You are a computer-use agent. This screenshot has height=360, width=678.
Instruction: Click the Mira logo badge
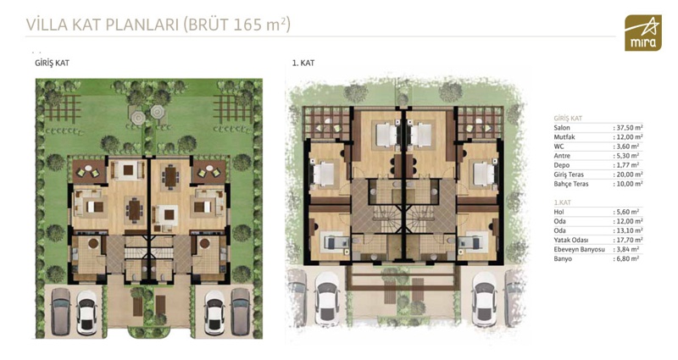(643, 33)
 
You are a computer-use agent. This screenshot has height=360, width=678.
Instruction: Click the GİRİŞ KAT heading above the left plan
(52, 63)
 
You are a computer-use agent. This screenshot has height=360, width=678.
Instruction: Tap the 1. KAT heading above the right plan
(303, 63)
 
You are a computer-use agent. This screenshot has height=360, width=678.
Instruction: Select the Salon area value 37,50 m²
(628, 128)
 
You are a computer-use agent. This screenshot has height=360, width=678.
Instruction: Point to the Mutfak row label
(564, 137)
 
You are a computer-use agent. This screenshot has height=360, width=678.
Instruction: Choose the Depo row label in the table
(562, 165)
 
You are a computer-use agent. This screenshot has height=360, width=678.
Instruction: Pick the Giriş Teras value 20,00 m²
(628, 174)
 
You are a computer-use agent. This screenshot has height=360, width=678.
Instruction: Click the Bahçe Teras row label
(571, 184)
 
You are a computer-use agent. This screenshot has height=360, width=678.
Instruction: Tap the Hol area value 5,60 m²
(626, 212)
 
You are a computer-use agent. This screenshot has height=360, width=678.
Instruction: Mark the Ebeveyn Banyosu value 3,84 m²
(626, 249)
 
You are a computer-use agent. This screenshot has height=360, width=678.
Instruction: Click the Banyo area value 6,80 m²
(626, 259)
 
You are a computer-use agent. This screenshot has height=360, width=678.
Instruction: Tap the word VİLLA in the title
(47, 25)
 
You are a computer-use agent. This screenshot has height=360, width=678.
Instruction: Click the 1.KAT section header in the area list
(563, 202)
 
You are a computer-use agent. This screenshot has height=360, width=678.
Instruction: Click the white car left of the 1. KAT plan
(327, 298)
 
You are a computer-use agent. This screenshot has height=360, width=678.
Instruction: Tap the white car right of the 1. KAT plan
(484, 298)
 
